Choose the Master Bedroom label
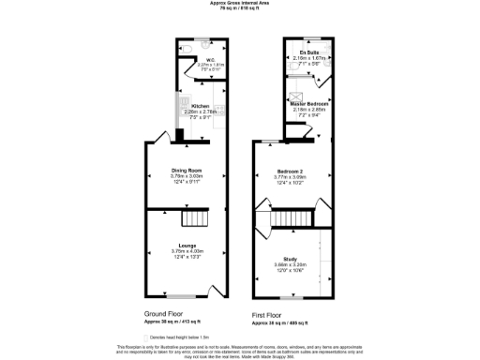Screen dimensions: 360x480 click(301, 104)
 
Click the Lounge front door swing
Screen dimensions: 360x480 click(211, 290)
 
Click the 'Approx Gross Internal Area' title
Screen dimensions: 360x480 click(239, 3)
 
